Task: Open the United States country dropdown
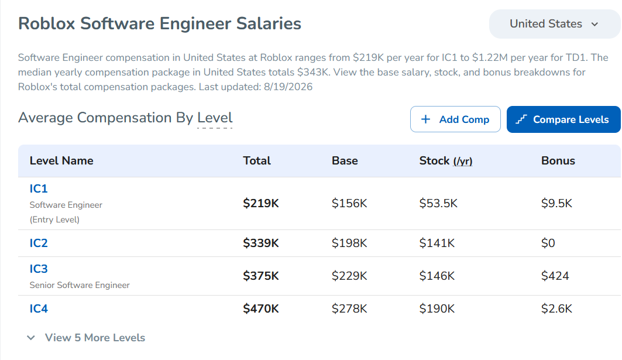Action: (555, 24)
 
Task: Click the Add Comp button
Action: (455, 119)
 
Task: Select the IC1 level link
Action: (39, 188)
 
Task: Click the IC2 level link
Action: (39, 243)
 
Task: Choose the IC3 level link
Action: (39, 269)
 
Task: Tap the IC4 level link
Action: (39, 308)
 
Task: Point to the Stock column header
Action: (446, 161)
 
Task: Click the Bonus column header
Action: (558, 161)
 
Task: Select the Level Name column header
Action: (61, 161)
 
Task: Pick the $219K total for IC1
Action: (261, 203)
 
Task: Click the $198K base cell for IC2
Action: (349, 243)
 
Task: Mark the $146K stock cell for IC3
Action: (437, 276)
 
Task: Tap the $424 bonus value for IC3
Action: (555, 276)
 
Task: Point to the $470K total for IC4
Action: (261, 308)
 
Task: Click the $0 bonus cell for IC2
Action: (548, 243)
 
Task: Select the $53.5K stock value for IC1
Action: (438, 203)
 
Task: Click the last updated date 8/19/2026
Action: (288, 87)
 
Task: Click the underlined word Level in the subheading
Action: (215, 118)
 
